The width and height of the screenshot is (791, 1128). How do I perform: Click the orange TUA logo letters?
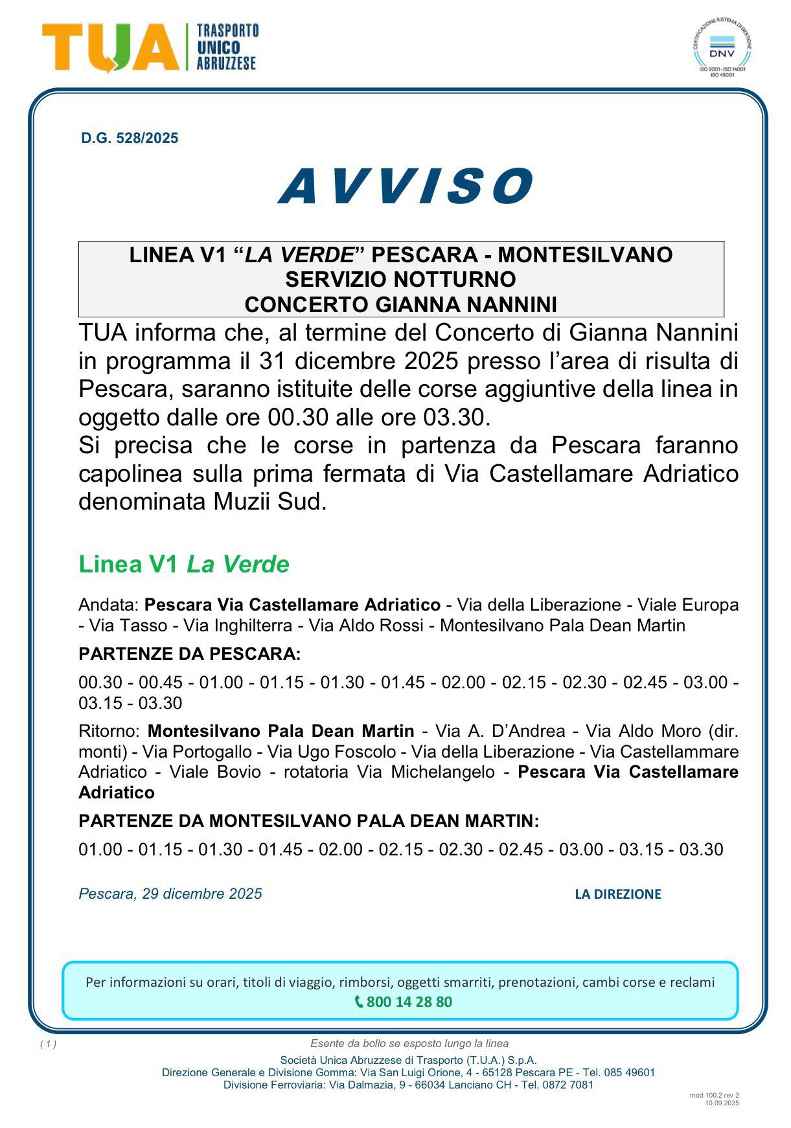coord(111,47)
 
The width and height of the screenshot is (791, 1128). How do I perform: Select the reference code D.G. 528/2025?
coord(130,138)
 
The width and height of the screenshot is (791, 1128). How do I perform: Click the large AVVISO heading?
coord(406,186)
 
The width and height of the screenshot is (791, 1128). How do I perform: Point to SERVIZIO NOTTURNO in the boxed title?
coord(400,279)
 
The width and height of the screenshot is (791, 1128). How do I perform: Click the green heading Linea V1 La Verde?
coord(183,564)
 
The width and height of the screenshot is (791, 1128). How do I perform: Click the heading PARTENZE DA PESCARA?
coord(189,653)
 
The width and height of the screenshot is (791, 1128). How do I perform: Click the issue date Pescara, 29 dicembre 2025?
coord(170,894)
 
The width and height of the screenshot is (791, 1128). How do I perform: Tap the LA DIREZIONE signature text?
coord(617,894)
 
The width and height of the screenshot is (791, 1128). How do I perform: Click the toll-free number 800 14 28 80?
coord(409,1002)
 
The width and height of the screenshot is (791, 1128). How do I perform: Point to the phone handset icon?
coord(359,1002)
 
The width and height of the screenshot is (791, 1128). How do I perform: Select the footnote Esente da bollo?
coord(409,1043)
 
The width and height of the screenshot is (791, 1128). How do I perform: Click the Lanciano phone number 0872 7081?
coord(568,1085)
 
